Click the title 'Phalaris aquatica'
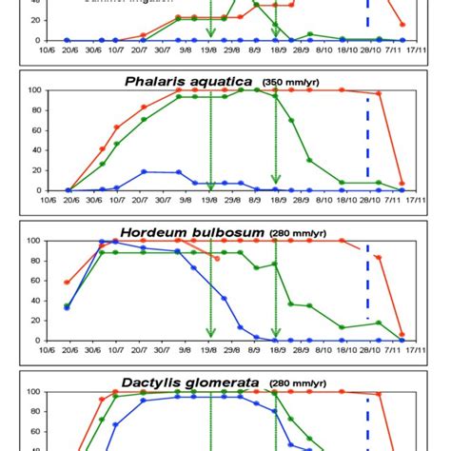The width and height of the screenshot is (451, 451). point(188,81)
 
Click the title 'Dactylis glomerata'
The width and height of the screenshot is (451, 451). point(188,381)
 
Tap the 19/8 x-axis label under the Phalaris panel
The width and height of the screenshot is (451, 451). point(209,200)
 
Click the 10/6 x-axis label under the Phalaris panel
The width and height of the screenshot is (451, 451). point(42,200)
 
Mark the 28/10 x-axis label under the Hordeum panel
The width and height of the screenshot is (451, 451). point(368,350)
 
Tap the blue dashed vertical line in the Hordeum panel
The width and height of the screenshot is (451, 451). point(367,285)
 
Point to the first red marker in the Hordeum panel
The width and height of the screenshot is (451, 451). point(66,283)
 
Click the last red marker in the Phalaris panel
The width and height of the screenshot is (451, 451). point(402,184)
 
